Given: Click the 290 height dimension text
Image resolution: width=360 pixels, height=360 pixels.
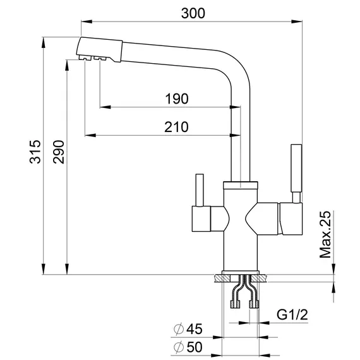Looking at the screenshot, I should coord(59,152).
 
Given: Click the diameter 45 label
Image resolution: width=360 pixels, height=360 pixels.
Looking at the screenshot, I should coord(188,329).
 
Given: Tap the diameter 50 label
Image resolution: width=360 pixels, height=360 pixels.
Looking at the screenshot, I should coord(188,347).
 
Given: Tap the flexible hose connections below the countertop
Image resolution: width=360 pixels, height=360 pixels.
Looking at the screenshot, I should coord(246,294).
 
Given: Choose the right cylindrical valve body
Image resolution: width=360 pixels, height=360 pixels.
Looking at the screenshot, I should coord(285,219).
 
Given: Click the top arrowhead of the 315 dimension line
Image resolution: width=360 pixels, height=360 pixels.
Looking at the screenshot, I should coord(43,41).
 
